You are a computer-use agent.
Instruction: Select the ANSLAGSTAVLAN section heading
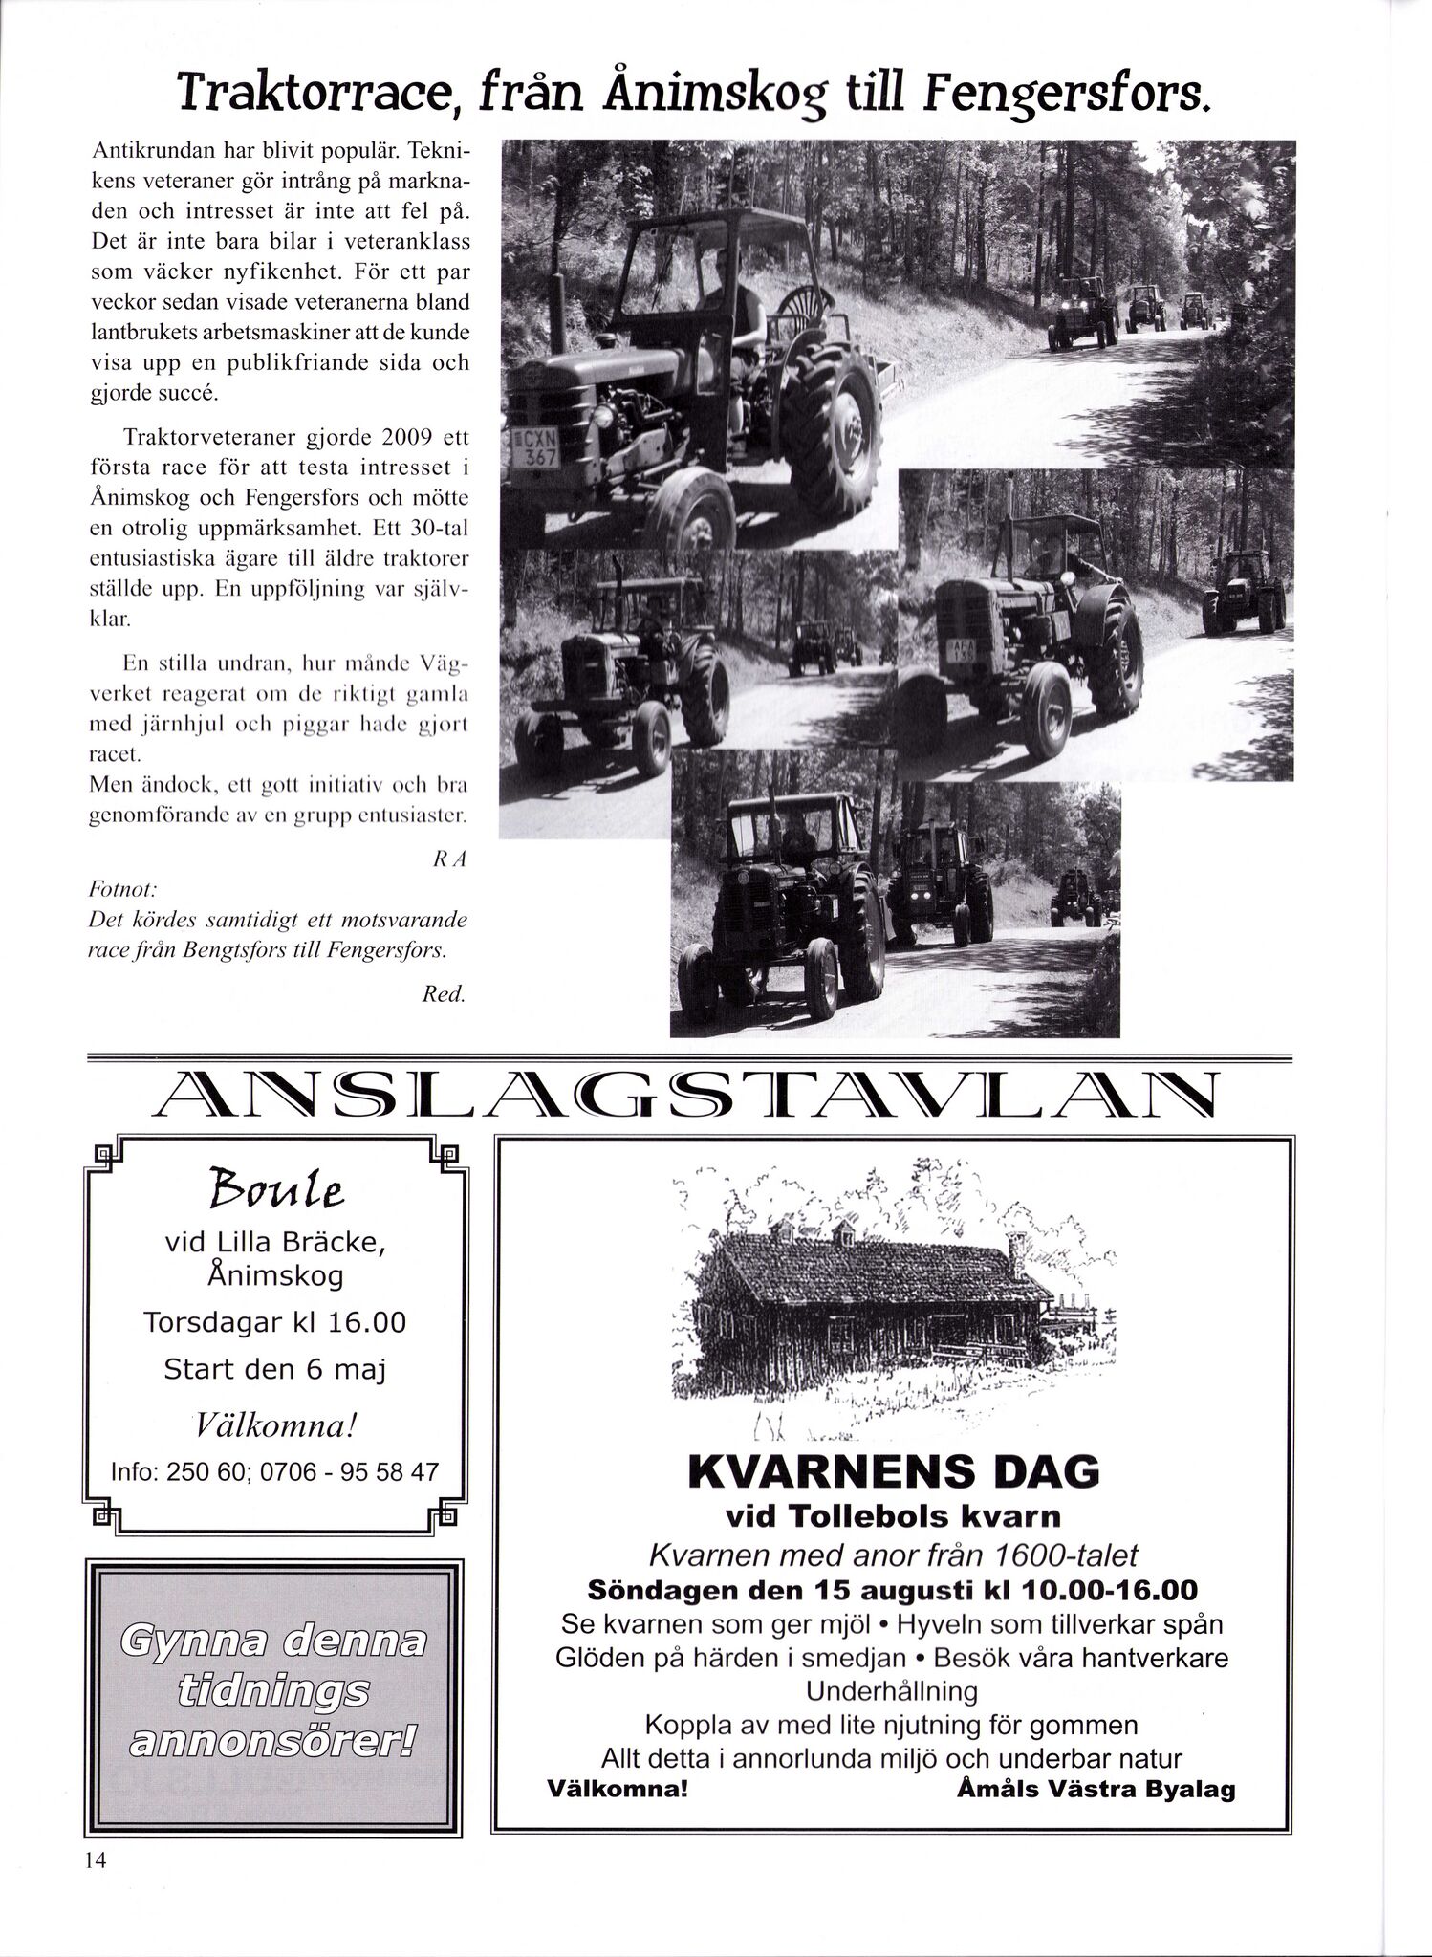point(685,1095)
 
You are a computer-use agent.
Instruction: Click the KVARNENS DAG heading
point(893,1472)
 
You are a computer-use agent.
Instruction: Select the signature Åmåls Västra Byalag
point(1096,1790)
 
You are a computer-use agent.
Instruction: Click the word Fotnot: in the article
point(122,890)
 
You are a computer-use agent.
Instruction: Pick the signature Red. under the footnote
point(444,994)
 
